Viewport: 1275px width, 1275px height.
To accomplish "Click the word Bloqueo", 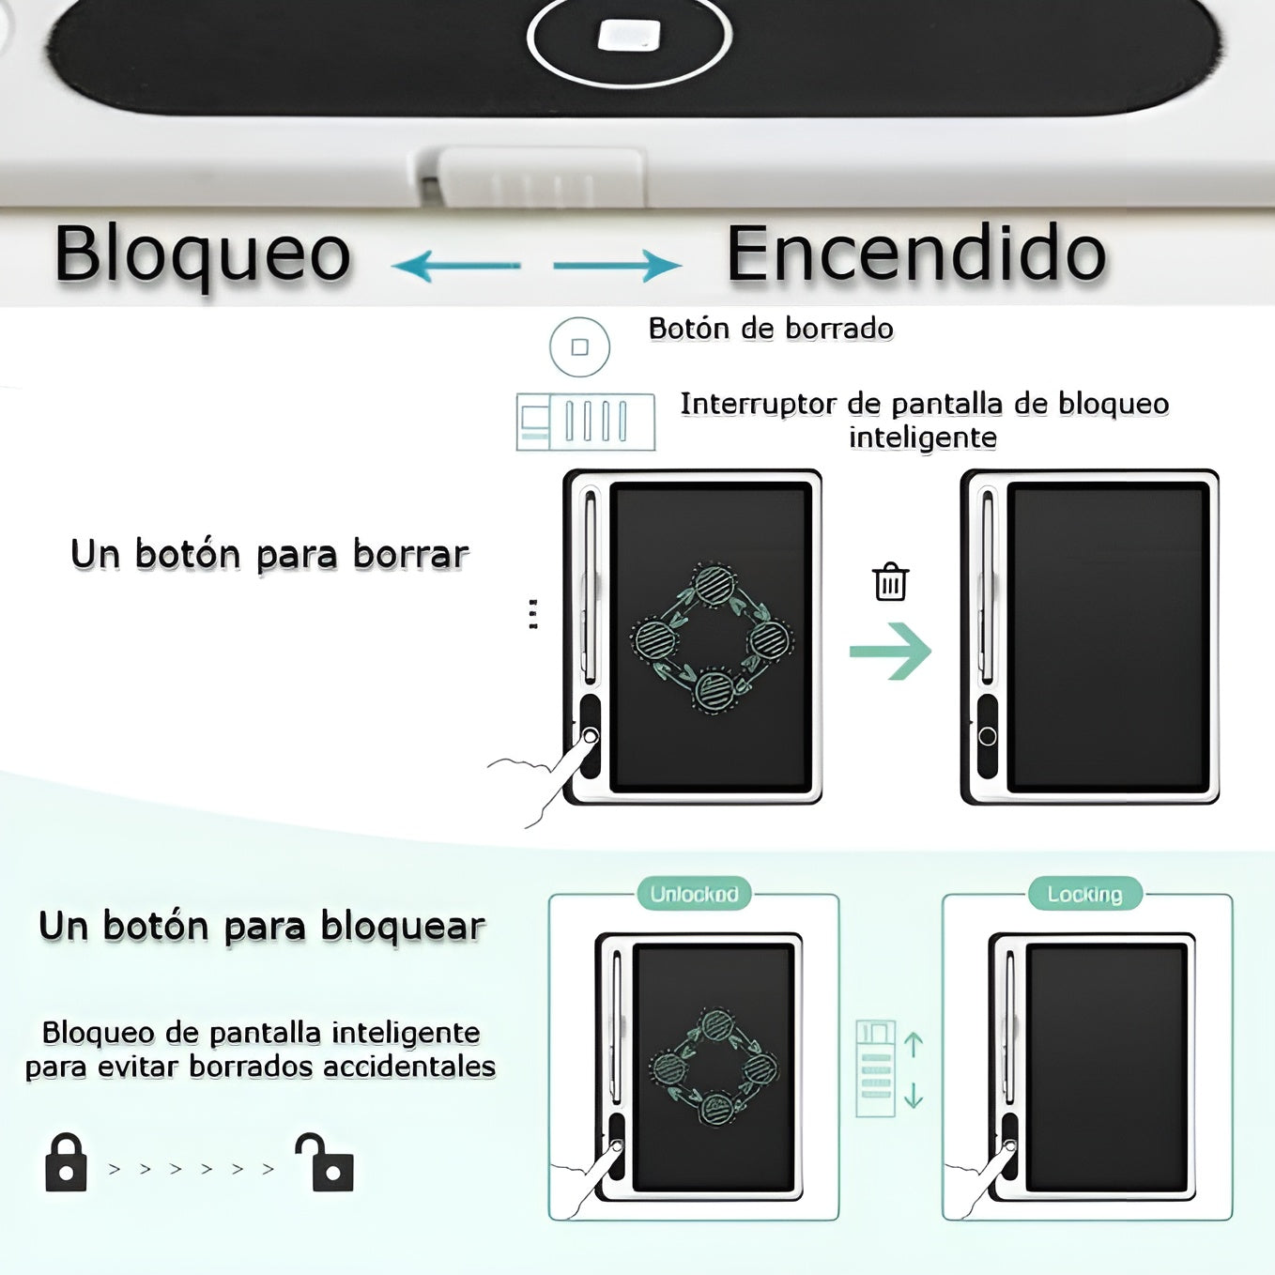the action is (203, 255).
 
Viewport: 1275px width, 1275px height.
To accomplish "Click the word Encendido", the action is (916, 254).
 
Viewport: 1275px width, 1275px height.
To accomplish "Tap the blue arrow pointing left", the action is (456, 266).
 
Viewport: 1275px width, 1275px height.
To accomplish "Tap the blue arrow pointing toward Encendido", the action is (618, 266).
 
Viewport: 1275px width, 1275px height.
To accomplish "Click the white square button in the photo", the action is (629, 35).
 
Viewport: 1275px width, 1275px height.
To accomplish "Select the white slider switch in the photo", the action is (541, 177).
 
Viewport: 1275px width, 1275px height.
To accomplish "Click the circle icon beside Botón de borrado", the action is (579, 346).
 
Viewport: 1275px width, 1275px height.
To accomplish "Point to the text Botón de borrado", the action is (771, 329).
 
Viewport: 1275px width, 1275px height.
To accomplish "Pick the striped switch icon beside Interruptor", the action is (586, 422).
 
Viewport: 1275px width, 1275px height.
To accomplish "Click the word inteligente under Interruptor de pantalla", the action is (923, 438).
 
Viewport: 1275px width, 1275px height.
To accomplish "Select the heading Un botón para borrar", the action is (270, 554).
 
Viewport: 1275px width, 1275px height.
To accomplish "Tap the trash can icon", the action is (891, 581).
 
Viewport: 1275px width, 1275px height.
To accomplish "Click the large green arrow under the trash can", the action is (891, 651).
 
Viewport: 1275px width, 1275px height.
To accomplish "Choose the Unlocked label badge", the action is (694, 894).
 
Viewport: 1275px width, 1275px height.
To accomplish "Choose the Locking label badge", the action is (1085, 894).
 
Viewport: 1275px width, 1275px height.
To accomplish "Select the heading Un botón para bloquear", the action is (262, 926).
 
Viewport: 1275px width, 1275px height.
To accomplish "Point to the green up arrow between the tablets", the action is (914, 1045).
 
